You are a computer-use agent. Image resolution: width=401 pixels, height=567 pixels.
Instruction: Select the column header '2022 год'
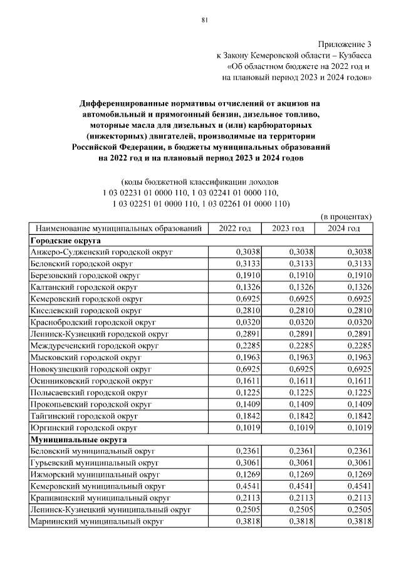(x=234, y=228)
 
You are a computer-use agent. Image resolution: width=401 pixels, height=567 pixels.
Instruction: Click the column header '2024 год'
(x=344, y=228)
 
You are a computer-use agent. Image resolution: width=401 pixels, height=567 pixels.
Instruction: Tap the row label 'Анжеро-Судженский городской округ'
(x=101, y=251)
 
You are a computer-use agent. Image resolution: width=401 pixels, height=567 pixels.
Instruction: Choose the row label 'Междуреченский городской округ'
(x=95, y=345)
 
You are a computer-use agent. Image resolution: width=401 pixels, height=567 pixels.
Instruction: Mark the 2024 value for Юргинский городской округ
(x=360, y=427)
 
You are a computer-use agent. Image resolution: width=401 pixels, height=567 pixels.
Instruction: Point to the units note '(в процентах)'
(x=346, y=216)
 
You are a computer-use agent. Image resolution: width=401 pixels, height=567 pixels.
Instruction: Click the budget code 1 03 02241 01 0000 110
(x=234, y=192)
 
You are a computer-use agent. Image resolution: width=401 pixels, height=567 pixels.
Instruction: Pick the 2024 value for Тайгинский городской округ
(x=360, y=415)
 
